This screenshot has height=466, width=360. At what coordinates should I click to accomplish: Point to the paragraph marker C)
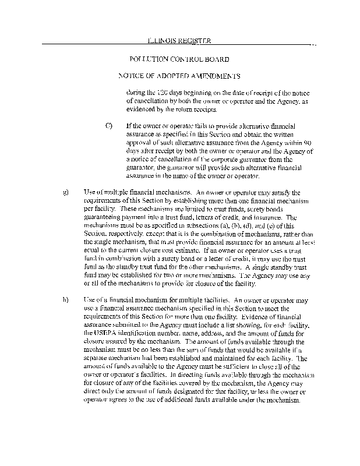point(108,126)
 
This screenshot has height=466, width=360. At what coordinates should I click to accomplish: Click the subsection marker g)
point(65,192)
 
